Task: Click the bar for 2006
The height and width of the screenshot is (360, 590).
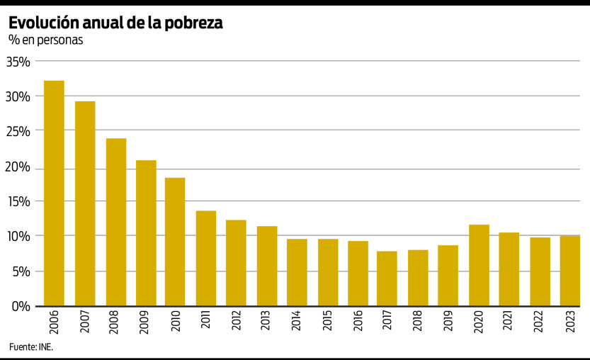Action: pyautogui.click(x=54, y=193)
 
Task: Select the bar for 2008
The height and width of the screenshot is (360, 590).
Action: pyautogui.click(x=116, y=222)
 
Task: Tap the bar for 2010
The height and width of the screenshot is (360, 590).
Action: pyautogui.click(x=175, y=242)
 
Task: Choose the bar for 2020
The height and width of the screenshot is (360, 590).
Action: pyautogui.click(x=479, y=265)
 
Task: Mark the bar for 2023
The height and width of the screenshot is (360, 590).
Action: pyautogui.click(x=570, y=271)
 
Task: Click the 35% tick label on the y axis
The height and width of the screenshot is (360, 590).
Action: pyautogui.click(x=18, y=62)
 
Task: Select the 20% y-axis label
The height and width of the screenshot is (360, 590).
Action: pyautogui.click(x=18, y=167)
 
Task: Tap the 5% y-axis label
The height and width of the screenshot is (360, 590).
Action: pyautogui.click(x=21, y=271)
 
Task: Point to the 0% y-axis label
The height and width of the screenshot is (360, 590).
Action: pyautogui.click(x=21, y=306)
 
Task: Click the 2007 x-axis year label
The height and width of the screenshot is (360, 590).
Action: pyautogui.click(x=85, y=323)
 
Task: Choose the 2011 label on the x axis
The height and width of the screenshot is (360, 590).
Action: pyautogui.click(x=206, y=323)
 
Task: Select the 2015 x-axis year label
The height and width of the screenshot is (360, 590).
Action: pyautogui.click(x=327, y=323)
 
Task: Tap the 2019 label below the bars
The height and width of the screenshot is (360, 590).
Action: pyautogui.click(x=448, y=323)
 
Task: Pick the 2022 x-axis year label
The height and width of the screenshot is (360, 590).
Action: pyautogui.click(x=540, y=323)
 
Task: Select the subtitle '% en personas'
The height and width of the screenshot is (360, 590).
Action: pyautogui.click(x=45, y=40)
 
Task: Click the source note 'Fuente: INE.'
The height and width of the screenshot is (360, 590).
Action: pyautogui.click(x=31, y=347)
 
